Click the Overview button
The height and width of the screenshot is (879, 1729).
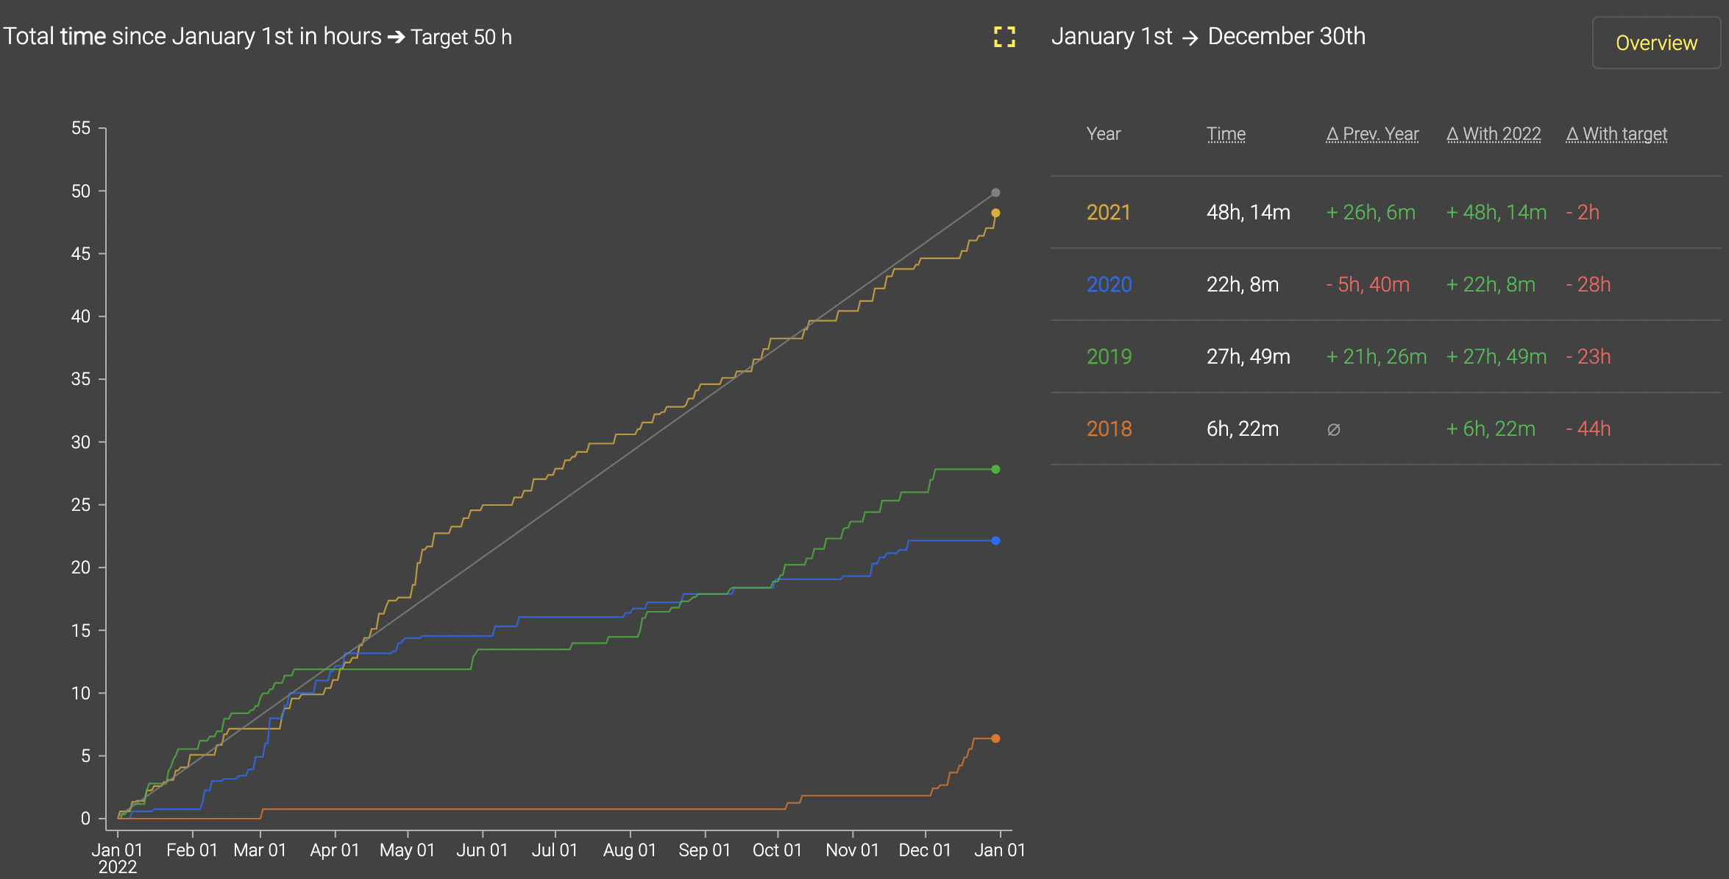tap(1655, 43)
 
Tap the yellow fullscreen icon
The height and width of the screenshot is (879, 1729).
tap(1004, 37)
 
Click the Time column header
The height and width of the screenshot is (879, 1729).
tap(1226, 134)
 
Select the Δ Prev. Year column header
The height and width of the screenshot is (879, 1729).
tap(1372, 134)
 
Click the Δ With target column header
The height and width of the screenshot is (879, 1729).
tap(1616, 134)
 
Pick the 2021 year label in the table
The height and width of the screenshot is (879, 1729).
tap(1108, 213)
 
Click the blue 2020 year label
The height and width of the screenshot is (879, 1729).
tap(1109, 285)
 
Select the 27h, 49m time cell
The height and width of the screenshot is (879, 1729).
tap(1248, 357)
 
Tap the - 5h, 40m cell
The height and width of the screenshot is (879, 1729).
tap(1368, 285)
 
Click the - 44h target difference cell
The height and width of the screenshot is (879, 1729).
tap(1588, 429)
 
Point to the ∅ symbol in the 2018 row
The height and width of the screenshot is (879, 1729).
tap(1333, 429)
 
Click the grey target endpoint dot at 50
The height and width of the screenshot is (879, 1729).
tap(995, 193)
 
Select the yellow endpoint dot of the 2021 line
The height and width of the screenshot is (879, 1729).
tap(995, 213)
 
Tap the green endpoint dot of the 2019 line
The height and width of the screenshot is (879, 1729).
tap(995, 469)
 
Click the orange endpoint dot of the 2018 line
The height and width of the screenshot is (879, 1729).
tap(995, 738)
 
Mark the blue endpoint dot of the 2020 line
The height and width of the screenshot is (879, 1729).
tap(995, 540)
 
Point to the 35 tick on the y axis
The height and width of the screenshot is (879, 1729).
tap(81, 379)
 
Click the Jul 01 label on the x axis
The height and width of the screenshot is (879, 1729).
tap(555, 850)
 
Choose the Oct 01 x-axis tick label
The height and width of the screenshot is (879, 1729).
tap(777, 850)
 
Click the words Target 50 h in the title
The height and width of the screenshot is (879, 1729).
tap(461, 37)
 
